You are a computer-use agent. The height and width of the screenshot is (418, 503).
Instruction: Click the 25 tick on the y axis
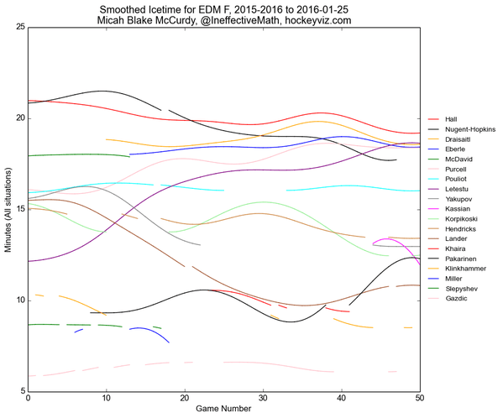tap(18, 27)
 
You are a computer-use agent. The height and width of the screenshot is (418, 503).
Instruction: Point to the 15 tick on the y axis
tap(18, 209)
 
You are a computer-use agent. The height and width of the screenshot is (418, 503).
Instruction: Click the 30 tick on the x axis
tap(263, 399)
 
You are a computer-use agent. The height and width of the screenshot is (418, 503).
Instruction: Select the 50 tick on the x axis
tap(419, 399)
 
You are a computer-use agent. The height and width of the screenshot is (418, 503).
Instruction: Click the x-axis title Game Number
tap(224, 409)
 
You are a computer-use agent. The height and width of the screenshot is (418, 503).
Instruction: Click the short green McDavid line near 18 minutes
tap(76, 155)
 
